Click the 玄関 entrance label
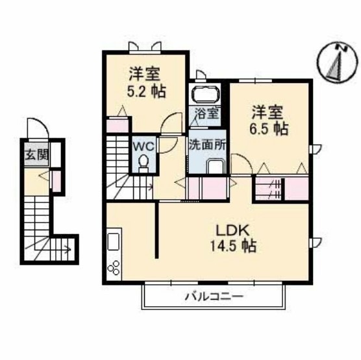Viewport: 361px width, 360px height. pyautogui.click(x=36, y=154)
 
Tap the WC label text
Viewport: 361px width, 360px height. pyautogui.click(x=144, y=147)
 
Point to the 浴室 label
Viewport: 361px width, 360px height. pyautogui.click(x=206, y=113)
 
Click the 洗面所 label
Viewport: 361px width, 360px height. pyautogui.click(x=207, y=145)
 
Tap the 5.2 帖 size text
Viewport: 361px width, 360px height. pyautogui.click(x=147, y=91)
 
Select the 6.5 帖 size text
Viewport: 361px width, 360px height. pyautogui.click(x=269, y=129)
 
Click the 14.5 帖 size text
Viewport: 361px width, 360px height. pyautogui.click(x=233, y=246)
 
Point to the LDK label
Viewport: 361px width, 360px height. pyautogui.click(x=232, y=231)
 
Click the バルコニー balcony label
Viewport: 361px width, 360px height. pyautogui.click(x=214, y=296)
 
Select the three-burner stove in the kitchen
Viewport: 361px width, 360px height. pyautogui.click(x=114, y=268)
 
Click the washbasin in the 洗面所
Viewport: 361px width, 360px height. pyautogui.click(x=216, y=165)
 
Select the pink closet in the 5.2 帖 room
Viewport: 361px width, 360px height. pyautogui.click(x=118, y=126)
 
